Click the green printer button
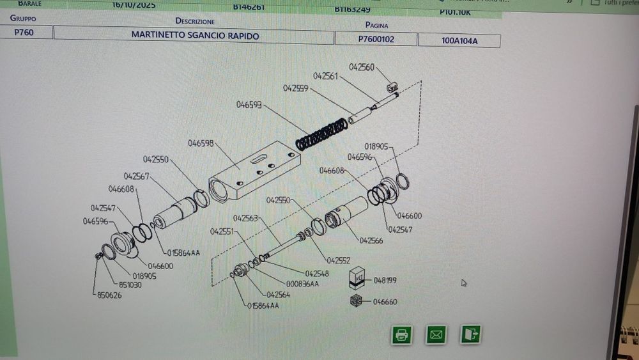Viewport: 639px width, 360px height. pyautogui.click(x=401, y=334)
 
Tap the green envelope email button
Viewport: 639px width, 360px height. pyautogui.click(x=436, y=334)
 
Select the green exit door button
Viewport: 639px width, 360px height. pyautogui.click(x=471, y=334)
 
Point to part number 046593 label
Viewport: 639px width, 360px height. pyautogui.click(x=249, y=104)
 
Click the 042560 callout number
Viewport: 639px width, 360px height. pyautogui.click(x=362, y=67)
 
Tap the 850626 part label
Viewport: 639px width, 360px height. pyautogui.click(x=109, y=295)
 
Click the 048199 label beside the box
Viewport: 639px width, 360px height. pyautogui.click(x=385, y=280)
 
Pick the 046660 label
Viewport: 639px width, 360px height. pyautogui.click(x=385, y=302)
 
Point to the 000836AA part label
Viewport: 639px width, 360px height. pyautogui.click(x=303, y=284)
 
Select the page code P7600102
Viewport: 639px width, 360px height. pyautogui.click(x=376, y=39)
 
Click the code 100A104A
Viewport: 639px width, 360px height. pyautogui.click(x=459, y=41)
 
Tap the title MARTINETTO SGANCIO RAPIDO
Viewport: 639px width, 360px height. pyautogui.click(x=195, y=36)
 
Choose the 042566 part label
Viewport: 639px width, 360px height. pyautogui.click(x=371, y=240)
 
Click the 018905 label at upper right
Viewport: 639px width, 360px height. pyautogui.click(x=376, y=146)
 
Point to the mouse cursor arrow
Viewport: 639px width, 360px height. pyautogui.click(x=464, y=282)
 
